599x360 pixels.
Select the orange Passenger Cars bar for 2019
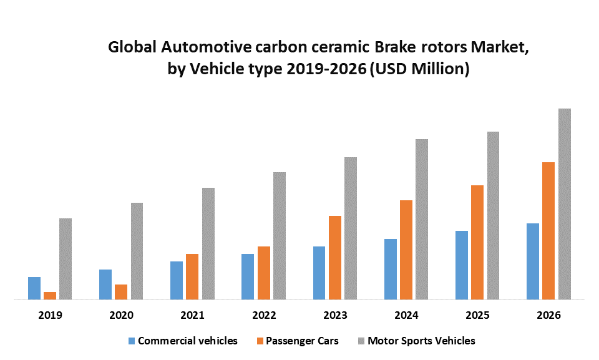[x=50, y=296]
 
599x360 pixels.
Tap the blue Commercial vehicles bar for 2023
[x=319, y=273]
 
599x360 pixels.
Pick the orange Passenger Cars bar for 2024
[x=406, y=250]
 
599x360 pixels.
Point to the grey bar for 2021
[x=208, y=243]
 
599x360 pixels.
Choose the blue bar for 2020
[x=105, y=285]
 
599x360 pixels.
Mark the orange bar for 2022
[x=264, y=273]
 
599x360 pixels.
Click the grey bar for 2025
[x=493, y=215]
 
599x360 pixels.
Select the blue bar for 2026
[x=533, y=261]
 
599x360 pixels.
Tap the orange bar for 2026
[x=548, y=231]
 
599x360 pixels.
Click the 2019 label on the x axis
[x=50, y=315]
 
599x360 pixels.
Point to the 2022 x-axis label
[x=263, y=315]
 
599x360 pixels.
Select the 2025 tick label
[x=477, y=315]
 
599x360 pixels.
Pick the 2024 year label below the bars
[x=406, y=315]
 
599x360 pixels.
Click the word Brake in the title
[x=387, y=47]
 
